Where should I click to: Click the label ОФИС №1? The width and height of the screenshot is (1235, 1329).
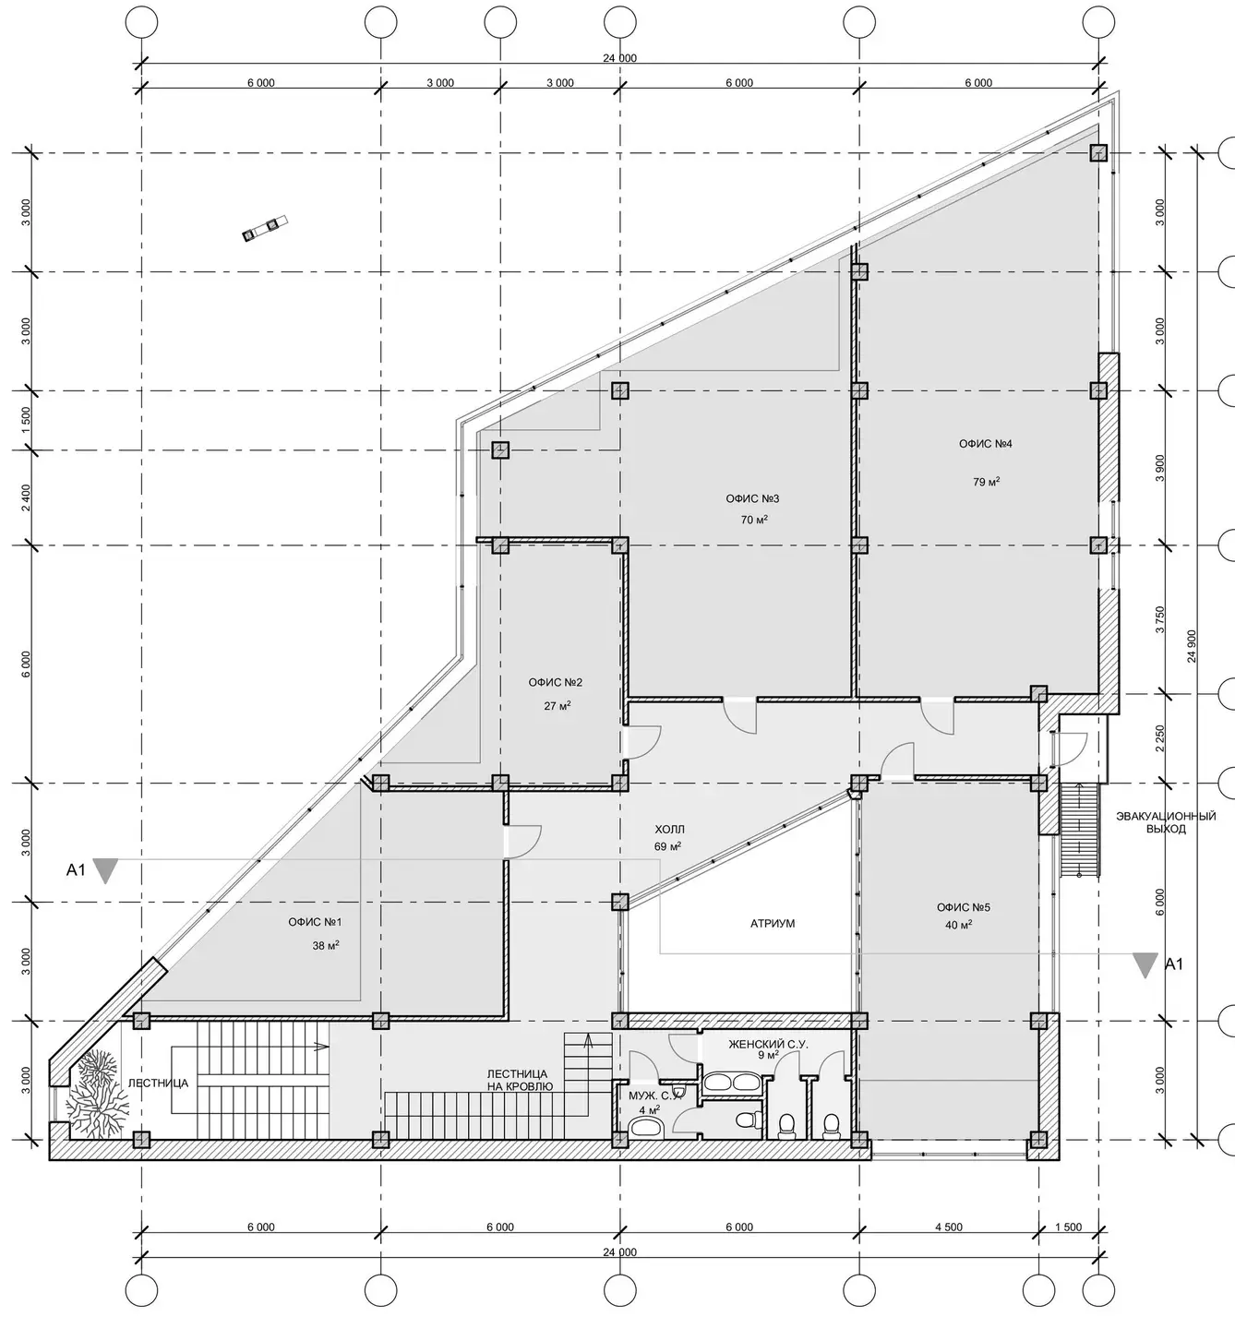[315, 922]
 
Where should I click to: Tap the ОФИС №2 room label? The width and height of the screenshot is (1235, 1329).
[556, 683]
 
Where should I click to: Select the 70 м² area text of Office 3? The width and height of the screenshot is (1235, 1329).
[754, 520]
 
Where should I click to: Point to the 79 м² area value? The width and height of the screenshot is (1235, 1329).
[986, 481]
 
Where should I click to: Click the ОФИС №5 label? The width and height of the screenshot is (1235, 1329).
[964, 907]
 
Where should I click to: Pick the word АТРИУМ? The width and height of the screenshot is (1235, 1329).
[773, 924]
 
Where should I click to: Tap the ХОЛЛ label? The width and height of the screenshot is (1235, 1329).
[669, 830]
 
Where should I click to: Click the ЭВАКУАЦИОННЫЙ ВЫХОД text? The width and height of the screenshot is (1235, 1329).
[1166, 822]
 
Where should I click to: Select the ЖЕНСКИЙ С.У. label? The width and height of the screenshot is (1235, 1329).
[769, 1044]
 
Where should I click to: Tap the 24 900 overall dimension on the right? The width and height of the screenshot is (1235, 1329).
[1192, 646]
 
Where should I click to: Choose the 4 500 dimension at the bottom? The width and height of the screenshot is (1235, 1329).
[949, 1227]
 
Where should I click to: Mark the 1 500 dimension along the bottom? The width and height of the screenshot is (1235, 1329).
[1068, 1227]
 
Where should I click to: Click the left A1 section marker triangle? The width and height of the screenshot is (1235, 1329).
[105, 870]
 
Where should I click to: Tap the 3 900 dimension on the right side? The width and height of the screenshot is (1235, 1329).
[1160, 468]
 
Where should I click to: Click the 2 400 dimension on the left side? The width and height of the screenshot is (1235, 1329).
[26, 497]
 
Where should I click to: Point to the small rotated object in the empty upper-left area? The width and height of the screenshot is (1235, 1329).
[264, 228]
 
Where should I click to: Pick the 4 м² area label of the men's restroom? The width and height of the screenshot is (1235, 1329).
[649, 1110]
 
